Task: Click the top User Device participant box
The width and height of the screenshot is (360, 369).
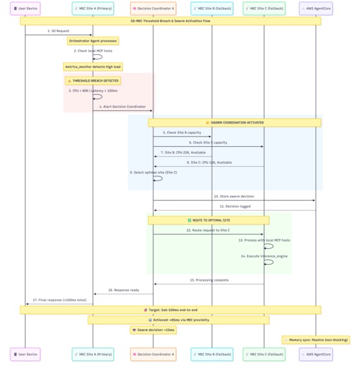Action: coord(25,9)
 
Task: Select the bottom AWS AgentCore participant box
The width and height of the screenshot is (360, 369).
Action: coord(316,354)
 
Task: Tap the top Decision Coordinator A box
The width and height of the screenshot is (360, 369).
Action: coord(153,9)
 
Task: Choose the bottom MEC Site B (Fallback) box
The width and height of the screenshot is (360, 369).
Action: coord(212,354)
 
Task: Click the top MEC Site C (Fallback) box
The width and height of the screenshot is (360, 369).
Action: coord(264,9)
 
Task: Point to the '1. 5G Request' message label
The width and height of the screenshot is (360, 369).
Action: coord(58,30)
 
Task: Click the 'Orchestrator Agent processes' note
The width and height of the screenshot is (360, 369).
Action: coord(93,41)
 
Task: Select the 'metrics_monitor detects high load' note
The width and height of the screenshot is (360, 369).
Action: coord(93,66)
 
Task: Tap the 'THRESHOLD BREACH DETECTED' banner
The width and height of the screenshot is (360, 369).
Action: coord(93,81)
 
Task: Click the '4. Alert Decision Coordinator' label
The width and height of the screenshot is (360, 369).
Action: coord(122,106)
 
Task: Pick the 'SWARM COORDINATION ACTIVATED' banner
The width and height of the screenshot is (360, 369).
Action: coord(234,122)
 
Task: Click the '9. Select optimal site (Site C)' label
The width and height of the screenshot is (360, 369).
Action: coord(153,172)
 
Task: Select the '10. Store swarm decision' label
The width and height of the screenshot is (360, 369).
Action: coord(234,196)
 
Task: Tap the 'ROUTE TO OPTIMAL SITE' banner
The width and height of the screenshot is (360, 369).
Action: coord(208,220)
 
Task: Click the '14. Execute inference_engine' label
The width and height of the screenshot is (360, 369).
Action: coord(264,256)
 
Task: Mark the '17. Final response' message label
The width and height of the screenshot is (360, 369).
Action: coord(59,299)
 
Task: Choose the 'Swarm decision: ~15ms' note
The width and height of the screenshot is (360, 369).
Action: coord(153,330)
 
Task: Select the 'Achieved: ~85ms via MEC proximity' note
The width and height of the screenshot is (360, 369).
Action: coord(178,319)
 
